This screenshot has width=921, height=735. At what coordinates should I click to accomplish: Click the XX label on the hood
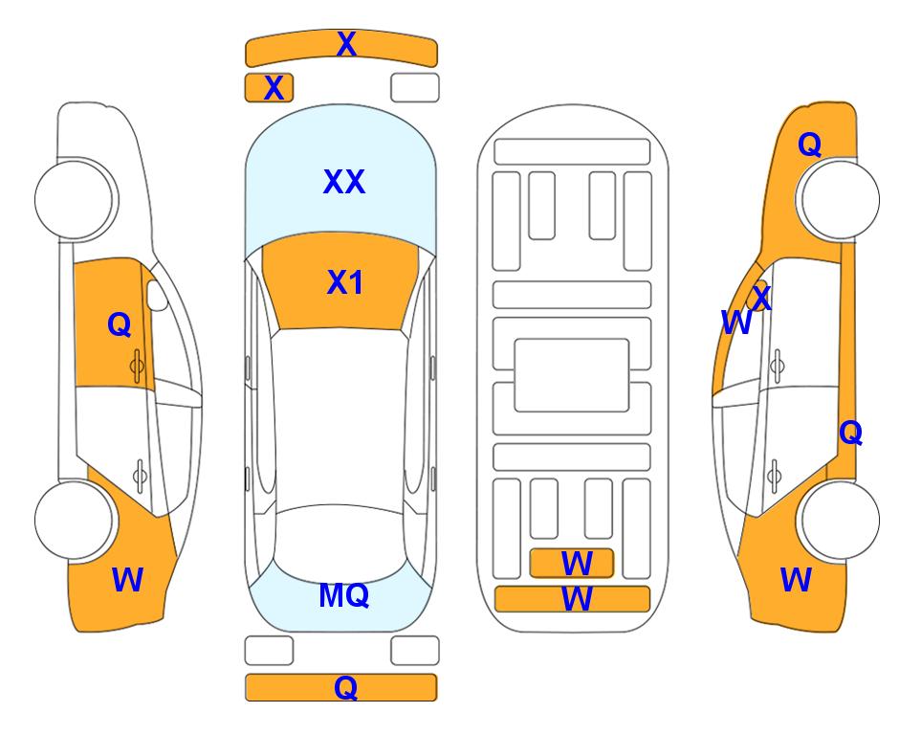pos(344,182)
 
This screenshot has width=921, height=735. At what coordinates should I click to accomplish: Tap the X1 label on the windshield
pos(345,282)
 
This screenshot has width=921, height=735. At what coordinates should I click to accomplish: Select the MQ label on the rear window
pos(343,595)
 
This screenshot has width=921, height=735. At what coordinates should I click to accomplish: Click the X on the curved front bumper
pos(346,44)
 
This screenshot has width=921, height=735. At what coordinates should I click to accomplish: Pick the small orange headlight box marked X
pos(269,88)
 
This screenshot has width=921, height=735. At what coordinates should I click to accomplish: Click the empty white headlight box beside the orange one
pos(415,88)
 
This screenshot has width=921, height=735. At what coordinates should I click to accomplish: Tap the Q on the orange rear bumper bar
pos(346,687)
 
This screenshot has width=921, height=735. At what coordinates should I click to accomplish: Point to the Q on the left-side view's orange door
pos(120,324)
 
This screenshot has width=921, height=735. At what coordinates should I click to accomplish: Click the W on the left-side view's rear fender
pos(127,580)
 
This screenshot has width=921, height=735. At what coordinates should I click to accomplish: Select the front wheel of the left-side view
pos(74,199)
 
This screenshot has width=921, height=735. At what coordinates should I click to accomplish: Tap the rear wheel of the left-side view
pos(74,520)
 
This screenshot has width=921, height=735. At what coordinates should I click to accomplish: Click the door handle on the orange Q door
pos(137,367)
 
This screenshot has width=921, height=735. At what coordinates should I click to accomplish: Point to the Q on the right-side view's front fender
pos(809,145)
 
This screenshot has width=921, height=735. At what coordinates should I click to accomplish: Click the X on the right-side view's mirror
pos(761,297)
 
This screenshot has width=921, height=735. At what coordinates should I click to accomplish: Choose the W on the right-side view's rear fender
pos(796,580)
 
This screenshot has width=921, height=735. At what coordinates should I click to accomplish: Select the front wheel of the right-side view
pos(840,199)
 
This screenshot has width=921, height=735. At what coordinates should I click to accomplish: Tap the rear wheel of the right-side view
pos(840,520)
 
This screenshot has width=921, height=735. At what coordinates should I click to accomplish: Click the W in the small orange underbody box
pos(577,564)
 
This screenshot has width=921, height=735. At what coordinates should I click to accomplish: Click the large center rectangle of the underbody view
pos(572,375)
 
